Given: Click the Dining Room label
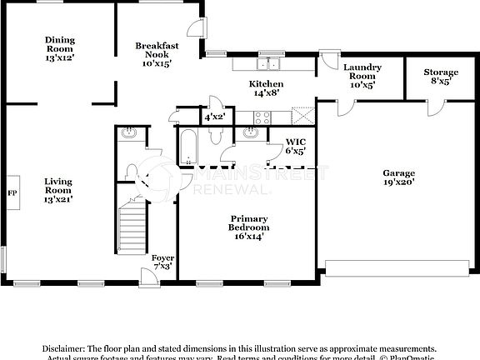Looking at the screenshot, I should coord(59,42).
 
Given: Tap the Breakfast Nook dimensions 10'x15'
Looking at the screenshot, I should coord(156,63).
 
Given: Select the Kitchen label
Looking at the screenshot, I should coord(267,84).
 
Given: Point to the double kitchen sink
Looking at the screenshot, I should coord(268,63).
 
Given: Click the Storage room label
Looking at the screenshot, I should coord(440,72).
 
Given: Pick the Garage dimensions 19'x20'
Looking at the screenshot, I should coord(398,181).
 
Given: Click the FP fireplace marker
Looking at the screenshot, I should coord(12,192).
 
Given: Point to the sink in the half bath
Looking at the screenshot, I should coord(129,133).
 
